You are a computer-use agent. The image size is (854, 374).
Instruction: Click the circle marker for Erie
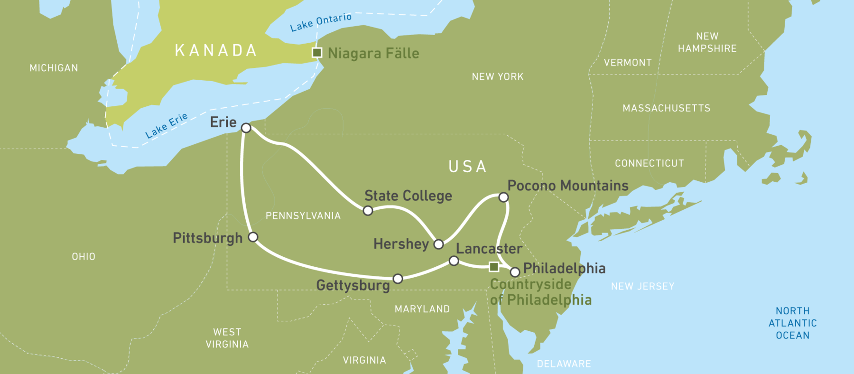pos(246,128)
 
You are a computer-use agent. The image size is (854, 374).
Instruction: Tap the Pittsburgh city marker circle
pos(253,237)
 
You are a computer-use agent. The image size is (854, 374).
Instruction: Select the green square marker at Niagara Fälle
pos(317,52)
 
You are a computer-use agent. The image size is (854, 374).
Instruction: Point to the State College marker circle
pos(368,210)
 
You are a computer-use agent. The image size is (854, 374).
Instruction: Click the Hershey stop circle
pos(439,244)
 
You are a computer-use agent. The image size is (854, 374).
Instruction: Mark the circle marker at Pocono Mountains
pos(503,197)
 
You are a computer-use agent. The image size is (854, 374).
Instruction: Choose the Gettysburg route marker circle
pos(398,279)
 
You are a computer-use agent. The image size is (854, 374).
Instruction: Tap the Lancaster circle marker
pos(454,261)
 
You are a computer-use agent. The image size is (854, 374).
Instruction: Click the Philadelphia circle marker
pos(515,272)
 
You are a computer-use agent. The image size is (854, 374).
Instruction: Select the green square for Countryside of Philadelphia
pos(494,267)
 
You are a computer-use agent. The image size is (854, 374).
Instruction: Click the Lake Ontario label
pos(321,22)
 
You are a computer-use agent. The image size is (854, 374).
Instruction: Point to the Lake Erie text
pos(167,125)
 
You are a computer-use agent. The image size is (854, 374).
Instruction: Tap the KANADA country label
pos(216,50)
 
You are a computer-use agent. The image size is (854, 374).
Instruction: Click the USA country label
pos(468,167)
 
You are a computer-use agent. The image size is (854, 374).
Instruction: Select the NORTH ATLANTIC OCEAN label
pos(792,323)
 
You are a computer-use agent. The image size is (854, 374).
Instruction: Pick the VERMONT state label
pos(628,63)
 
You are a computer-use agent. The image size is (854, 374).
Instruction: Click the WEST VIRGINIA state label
pos(227,338)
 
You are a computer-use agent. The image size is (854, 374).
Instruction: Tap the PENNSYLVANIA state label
pos(303,216)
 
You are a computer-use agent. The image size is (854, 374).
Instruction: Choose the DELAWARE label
pos(564,364)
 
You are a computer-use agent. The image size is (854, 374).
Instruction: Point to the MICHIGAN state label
pos(54,68)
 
